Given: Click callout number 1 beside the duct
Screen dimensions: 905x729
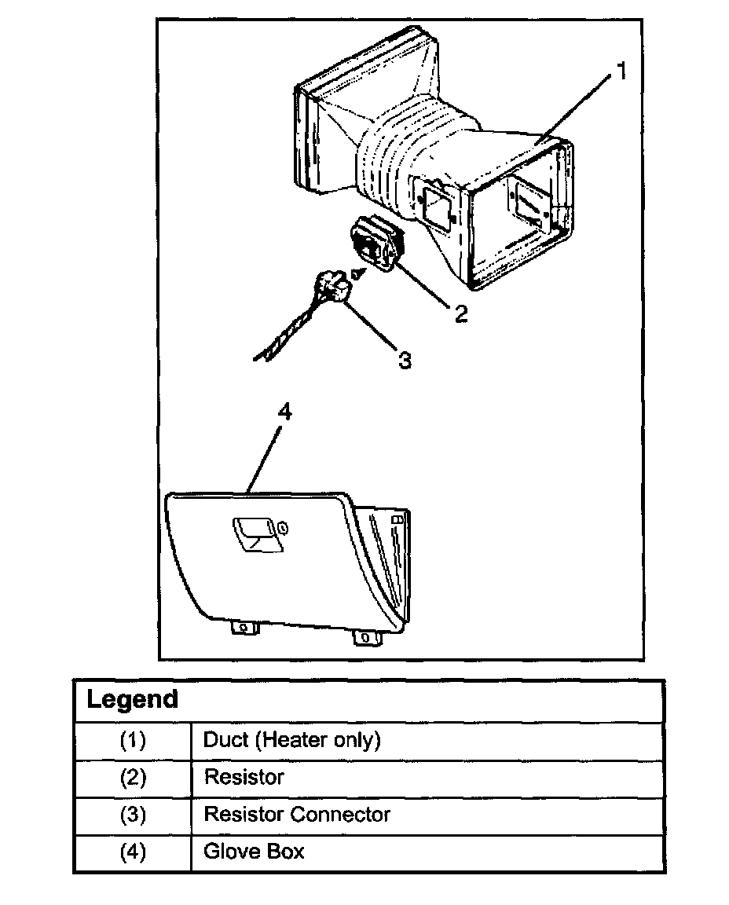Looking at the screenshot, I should click(x=621, y=73).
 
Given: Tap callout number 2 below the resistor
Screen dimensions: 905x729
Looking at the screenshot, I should click(x=460, y=313).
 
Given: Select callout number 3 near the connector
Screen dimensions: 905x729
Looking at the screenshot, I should click(x=405, y=360).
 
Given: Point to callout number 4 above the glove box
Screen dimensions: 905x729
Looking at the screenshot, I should click(x=285, y=412).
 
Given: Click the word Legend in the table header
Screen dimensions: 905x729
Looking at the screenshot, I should click(x=132, y=699).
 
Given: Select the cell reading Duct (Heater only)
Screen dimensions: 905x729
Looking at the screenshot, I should click(x=291, y=740).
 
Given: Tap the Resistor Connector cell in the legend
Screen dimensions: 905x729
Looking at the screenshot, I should click(x=297, y=814).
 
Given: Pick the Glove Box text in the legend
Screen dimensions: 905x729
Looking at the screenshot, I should click(x=254, y=851).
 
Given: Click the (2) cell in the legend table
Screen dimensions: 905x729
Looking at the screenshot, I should click(x=133, y=778).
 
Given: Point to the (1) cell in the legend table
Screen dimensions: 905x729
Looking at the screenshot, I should click(x=133, y=740).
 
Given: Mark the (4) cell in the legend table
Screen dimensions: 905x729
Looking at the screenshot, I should click(x=133, y=852).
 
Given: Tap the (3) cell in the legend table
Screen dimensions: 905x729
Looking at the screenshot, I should click(x=133, y=815).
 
